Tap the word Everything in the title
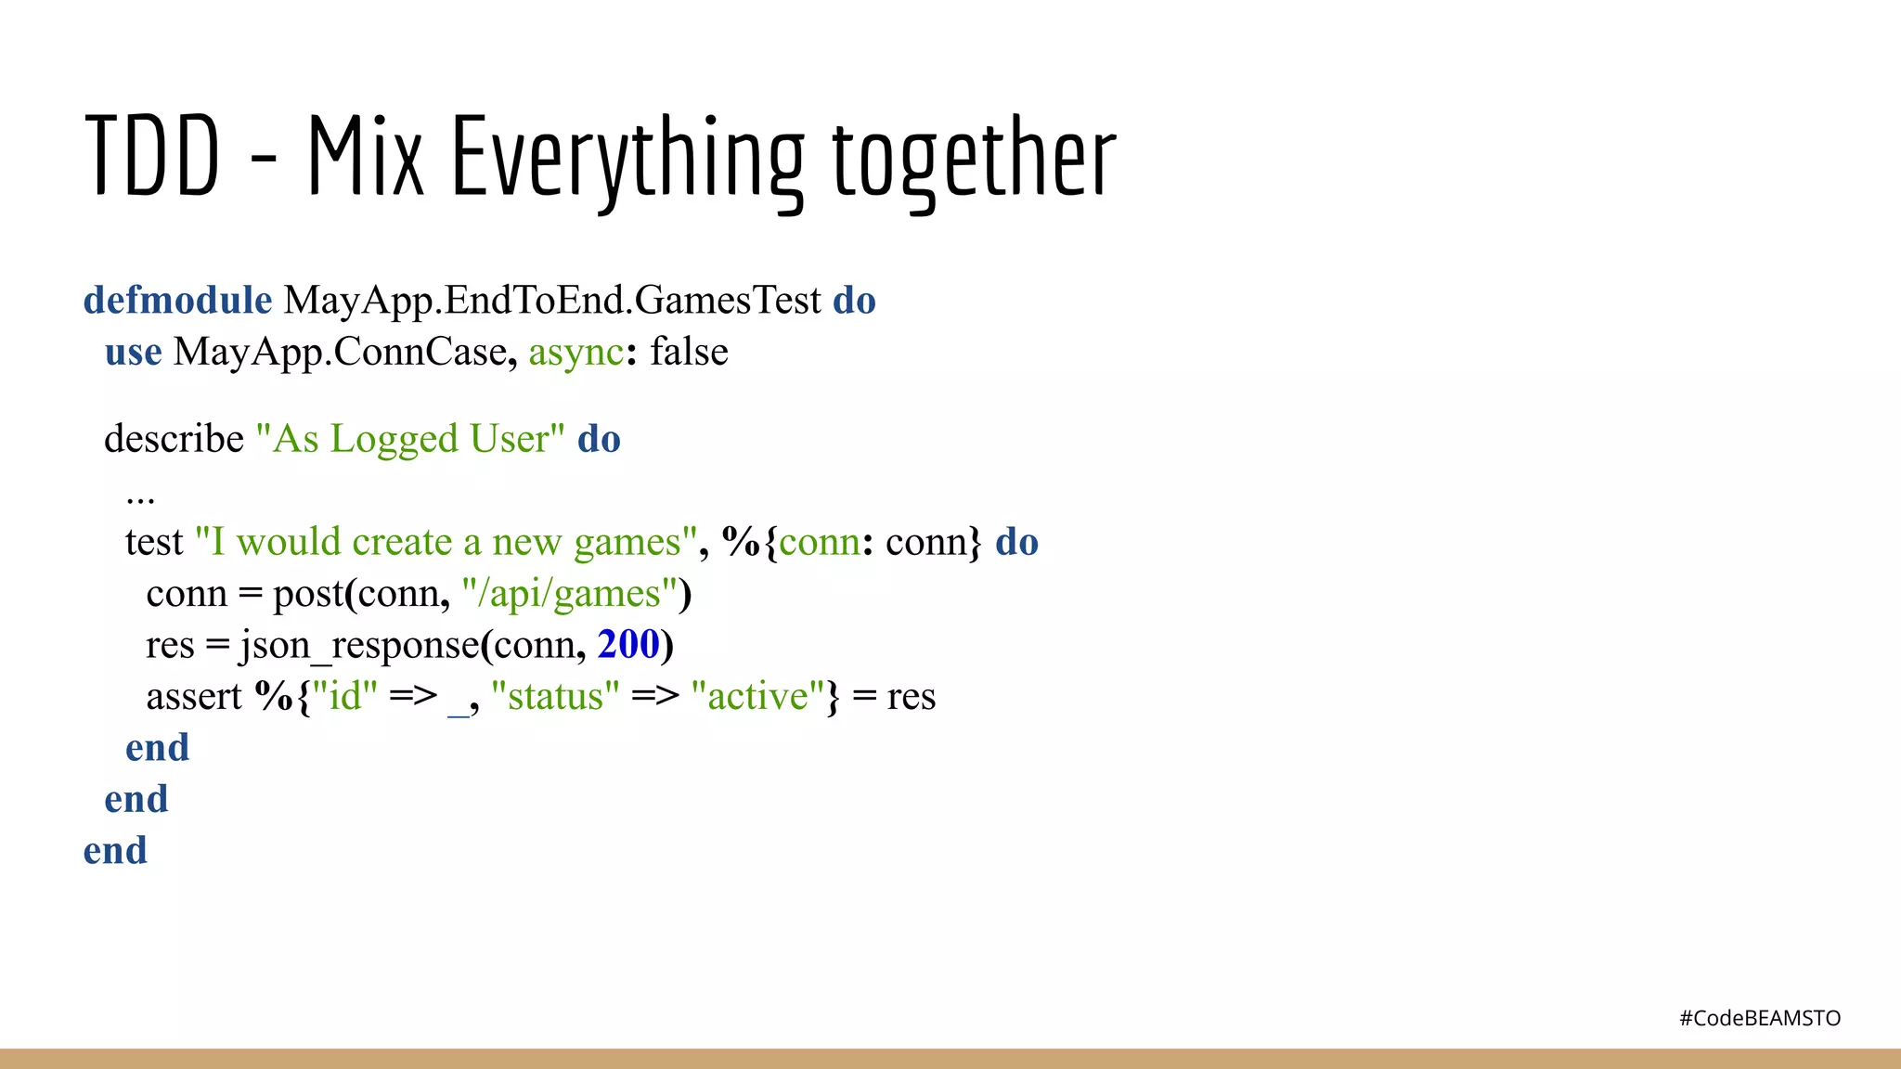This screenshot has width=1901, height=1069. coord(627,157)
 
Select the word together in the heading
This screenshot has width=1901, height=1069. coord(974,157)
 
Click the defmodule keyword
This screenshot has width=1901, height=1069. coord(177,301)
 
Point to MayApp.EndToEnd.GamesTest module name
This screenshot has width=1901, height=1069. coord(552,301)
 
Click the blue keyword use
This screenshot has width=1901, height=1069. coord(133,353)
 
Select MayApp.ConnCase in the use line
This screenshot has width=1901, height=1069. coord(340,353)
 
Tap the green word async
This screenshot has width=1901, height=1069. coord(575,353)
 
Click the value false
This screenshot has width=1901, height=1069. coord(689,353)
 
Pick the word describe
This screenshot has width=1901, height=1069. coord(174,439)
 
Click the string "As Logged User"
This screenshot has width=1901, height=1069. coord(409,439)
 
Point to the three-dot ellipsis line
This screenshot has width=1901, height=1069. coord(140,498)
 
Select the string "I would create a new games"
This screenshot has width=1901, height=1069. coord(446,542)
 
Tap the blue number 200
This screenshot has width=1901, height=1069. coord(628,645)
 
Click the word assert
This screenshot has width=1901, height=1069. coord(193,696)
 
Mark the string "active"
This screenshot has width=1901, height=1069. coord(757,696)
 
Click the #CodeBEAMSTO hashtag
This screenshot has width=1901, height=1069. coord(1759,1019)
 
